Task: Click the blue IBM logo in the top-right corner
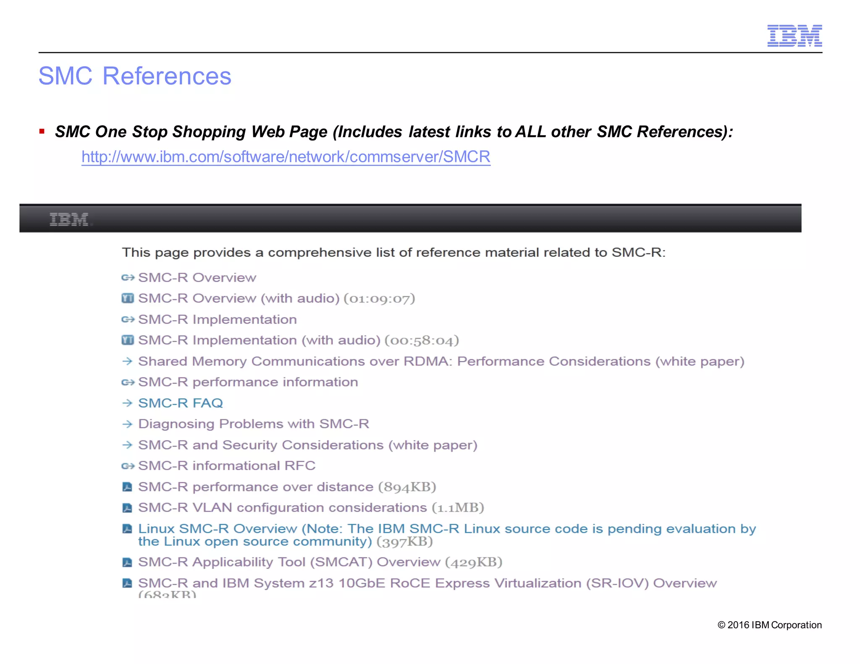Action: pos(794,36)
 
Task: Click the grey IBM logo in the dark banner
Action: pos(69,219)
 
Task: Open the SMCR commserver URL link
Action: pos(286,157)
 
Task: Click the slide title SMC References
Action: pos(135,76)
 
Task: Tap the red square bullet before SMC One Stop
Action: pos(42,131)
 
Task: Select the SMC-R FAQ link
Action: pos(181,403)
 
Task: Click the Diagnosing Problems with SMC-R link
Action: pos(254,424)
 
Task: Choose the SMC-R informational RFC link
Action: pos(227,466)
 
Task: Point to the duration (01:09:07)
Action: pos(379,298)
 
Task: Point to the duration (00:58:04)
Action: pos(422,340)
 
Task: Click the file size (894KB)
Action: pos(407,487)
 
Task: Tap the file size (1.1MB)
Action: pos(458,508)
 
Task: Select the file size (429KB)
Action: pos(474,562)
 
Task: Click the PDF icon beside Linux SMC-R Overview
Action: pos(127,529)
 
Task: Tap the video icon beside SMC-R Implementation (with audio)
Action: pos(128,340)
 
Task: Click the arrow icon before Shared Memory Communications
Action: pos(127,361)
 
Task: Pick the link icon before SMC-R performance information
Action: pos(128,382)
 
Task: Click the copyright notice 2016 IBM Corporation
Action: pos(769,625)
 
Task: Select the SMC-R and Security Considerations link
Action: pos(308,445)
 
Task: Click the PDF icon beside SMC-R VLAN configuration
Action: pos(127,508)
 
